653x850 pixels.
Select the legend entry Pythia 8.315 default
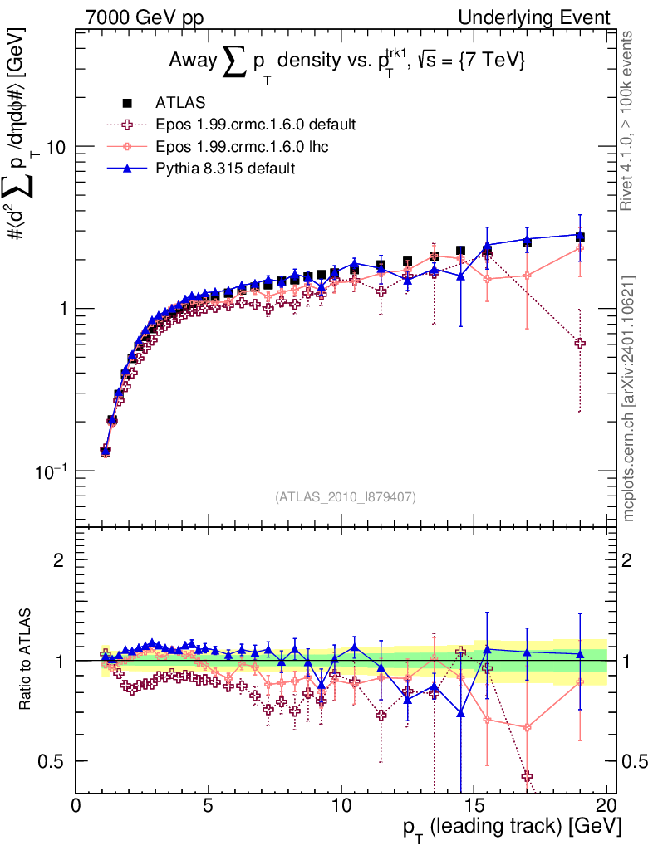[x=225, y=168]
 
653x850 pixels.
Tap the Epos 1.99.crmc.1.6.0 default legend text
[x=256, y=125]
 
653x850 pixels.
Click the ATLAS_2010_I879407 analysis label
[x=345, y=497]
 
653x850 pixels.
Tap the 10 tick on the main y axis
[x=54, y=147]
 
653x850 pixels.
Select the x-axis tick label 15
[x=473, y=807]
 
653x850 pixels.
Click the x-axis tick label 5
[x=209, y=807]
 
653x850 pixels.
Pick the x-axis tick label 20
[x=606, y=807]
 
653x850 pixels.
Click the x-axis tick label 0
[x=76, y=807]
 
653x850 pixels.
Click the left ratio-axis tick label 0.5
[x=52, y=761]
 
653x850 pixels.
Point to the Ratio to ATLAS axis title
[x=27, y=660]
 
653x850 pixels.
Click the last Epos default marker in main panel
[x=580, y=343]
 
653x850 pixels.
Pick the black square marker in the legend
[x=127, y=103]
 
